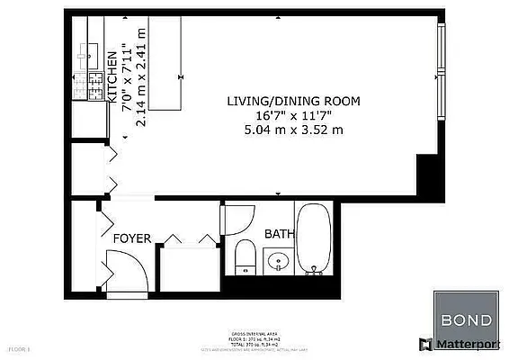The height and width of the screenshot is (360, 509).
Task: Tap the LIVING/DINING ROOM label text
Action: (x=285, y=100)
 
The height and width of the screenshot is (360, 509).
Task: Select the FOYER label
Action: (x=131, y=238)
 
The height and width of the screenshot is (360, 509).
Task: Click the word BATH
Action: (x=279, y=234)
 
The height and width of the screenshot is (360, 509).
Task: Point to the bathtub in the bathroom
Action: (x=314, y=239)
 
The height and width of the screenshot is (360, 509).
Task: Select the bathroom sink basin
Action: (x=279, y=262)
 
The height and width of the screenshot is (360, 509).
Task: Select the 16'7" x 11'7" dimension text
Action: (x=285, y=115)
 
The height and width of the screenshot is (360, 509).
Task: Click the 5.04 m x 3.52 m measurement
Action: (x=285, y=130)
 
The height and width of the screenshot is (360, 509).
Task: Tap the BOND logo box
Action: (x=466, y=320)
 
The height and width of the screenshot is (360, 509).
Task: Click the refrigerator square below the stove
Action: (x=88, y=117)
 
